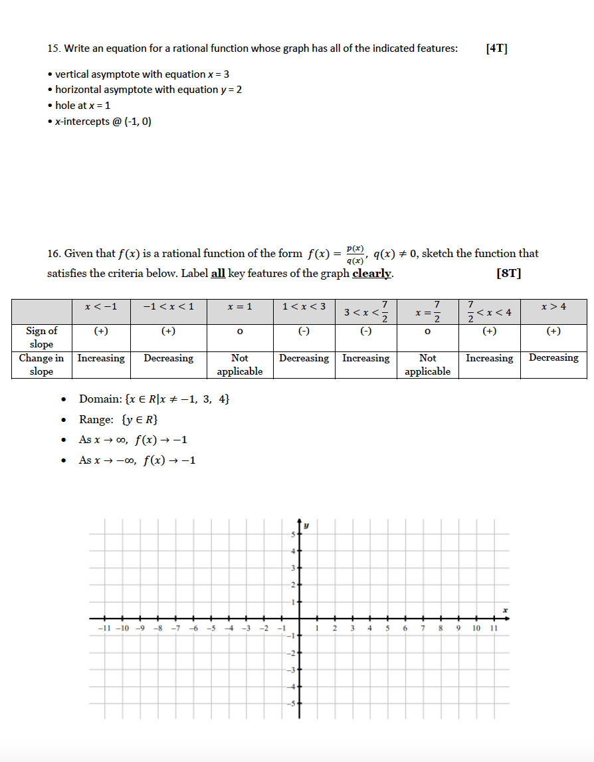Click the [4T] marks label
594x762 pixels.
(x=496, y=48)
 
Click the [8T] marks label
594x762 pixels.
(x=508, y=273)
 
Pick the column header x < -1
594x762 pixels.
(x=102, y=306)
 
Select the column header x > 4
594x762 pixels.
(x=553, y=306)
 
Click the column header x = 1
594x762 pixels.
(x=240, y=306)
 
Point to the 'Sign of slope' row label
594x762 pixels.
(x=41, y=337)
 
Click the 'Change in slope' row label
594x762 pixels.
(x=41, y=364)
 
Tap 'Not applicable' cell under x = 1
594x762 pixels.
(x=240, y=364)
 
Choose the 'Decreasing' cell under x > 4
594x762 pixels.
(x=553, y=357)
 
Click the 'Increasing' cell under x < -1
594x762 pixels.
(x=101, y=358)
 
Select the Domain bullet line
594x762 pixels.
(x=154, y=399)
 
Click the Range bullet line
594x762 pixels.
(x=118, y=419)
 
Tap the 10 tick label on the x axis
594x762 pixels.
(x=476, y=628)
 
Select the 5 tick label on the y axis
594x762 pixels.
(x=290, y=535)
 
